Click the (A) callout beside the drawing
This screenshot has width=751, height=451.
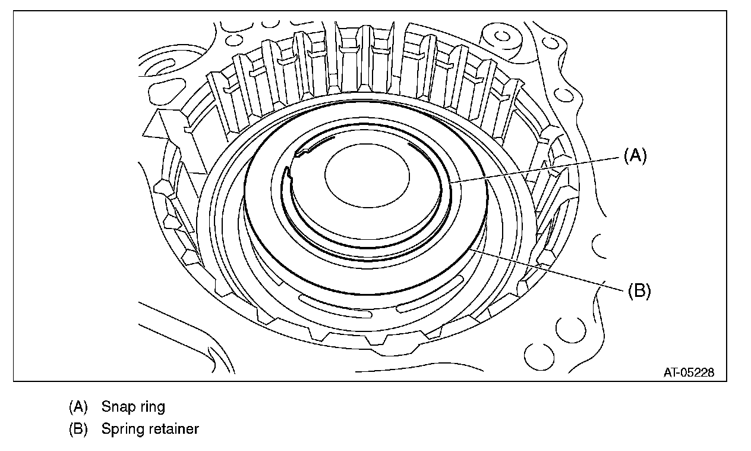click(x=634, y=156)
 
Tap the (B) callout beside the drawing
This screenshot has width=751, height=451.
click(x=639, y=291)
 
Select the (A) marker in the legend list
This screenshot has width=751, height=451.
click(x=78, y=407)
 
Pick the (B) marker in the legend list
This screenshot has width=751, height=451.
click(x=78, y=428)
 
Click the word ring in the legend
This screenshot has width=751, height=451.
click(x=151, y=408)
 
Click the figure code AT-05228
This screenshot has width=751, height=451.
click(x=689, y=372)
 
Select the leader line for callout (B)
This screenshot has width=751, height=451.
click(x=547, y=271)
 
